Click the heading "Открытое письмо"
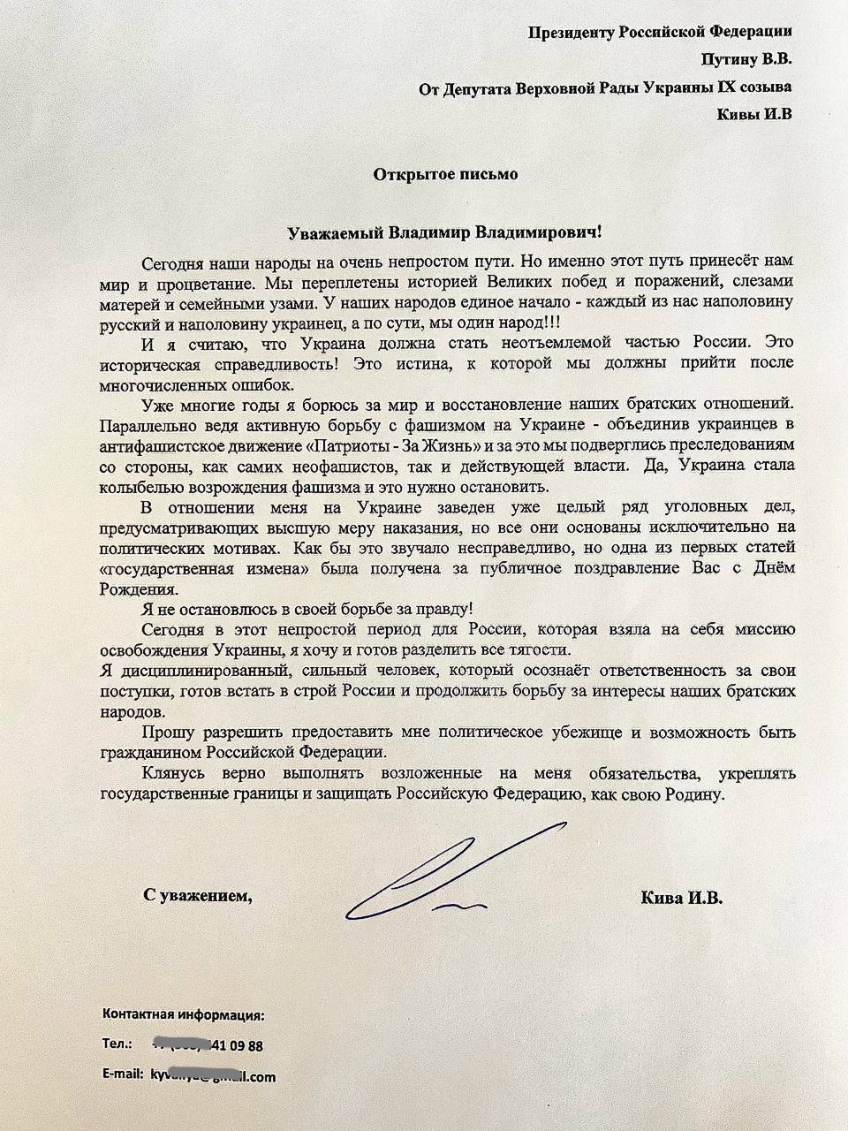point(446,174)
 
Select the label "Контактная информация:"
point(184,1013)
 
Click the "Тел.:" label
point(117,1045)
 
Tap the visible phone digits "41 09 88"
point(238,1046)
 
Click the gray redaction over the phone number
point(182,1045)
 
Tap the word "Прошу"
point(165,732)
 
